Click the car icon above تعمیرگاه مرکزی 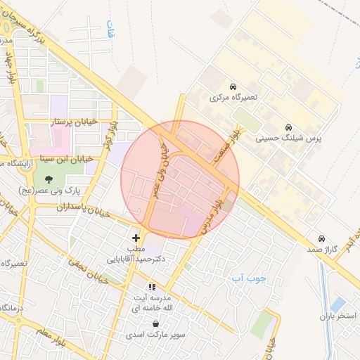(233, 86)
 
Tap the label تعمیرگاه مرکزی (234, 98)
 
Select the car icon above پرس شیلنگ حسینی (289, 128)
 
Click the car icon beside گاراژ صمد (322, 238)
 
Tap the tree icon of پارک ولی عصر (48, 178)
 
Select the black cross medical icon (136, 238)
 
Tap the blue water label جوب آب (250, 278)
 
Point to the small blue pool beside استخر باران (338, 304)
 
